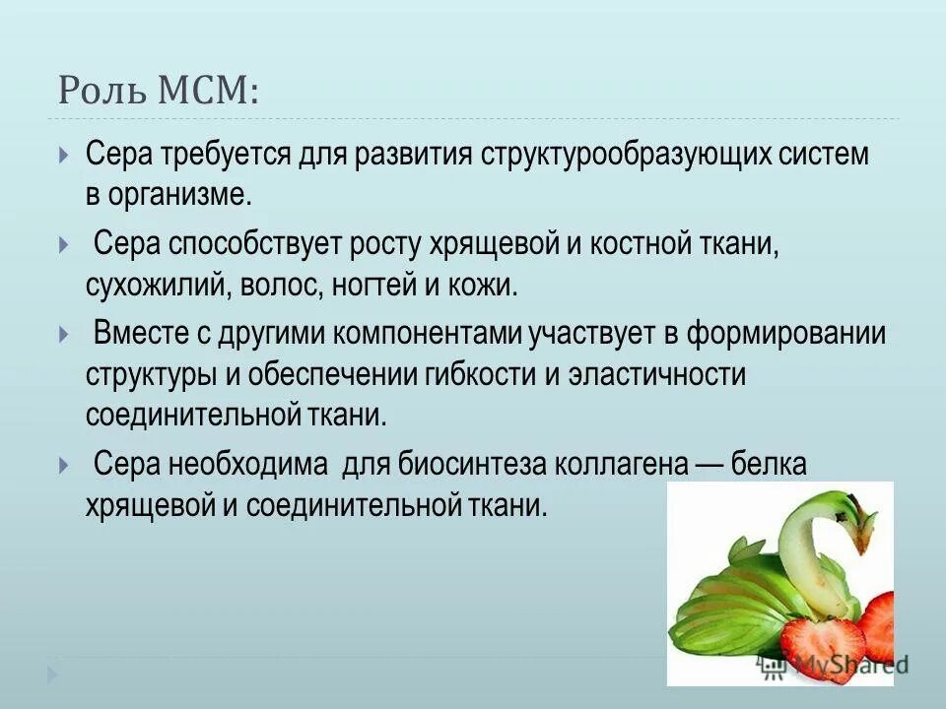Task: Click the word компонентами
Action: (x=426, y=334)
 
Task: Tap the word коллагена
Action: (x=622, y=464)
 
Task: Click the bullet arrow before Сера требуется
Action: (x=63, y=156)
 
